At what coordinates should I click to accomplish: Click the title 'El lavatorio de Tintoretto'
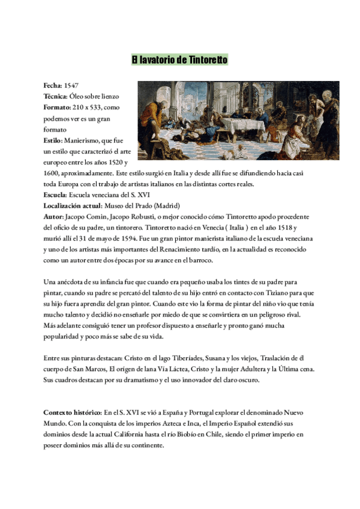[179, 60]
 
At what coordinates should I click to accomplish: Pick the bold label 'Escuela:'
[55, 195]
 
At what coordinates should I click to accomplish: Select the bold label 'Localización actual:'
[73, 206]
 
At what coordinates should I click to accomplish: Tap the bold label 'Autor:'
[54, 217]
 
